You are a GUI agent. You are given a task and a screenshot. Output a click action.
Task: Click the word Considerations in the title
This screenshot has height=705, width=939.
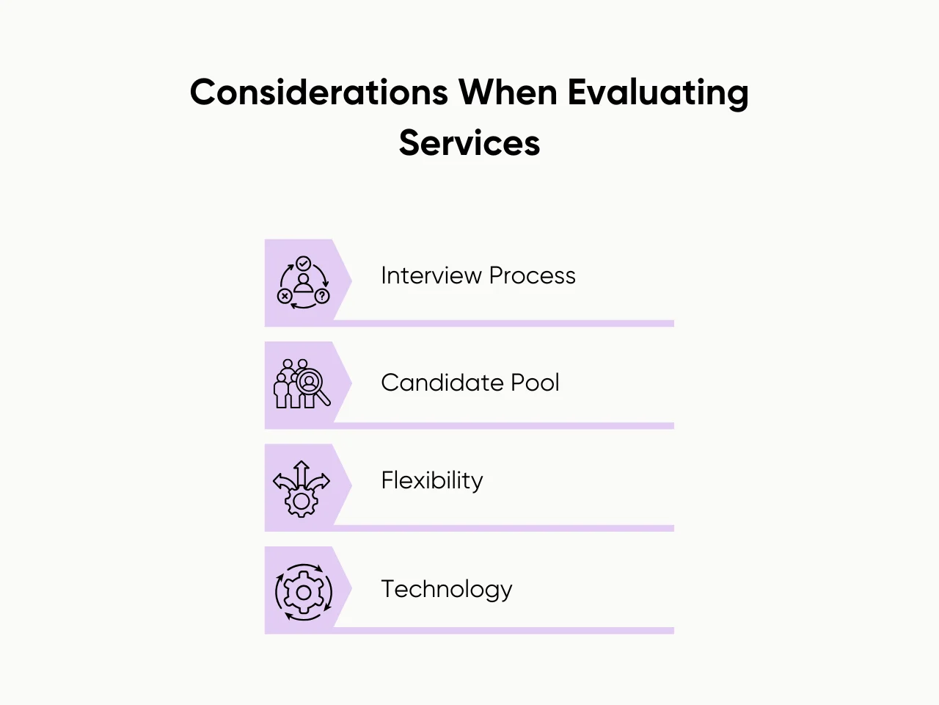pyautogui.click(x=318, y=93)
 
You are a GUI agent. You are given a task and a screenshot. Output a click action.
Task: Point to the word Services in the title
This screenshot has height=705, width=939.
pyautogui.click(x=469, y=142)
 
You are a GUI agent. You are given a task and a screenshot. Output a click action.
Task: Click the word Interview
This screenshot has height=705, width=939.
pyautogui.click(x=431, y=275)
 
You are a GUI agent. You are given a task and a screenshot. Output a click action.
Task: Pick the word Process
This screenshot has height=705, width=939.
pyautogui.click(x=532, y=275)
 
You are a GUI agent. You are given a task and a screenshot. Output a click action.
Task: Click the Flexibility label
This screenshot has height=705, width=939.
pyautogui.click(x=431, y=480)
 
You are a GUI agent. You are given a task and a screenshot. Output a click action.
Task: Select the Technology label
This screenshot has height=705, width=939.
pyautogui.click(x=446, y=589)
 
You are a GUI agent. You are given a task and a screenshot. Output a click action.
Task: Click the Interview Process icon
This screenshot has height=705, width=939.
pyautogui.click(x=303, y=283)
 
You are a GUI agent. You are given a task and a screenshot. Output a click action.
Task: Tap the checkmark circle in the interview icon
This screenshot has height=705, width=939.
pyautogui.click(x=303, y=264)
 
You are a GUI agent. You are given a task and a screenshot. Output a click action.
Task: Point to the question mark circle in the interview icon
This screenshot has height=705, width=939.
pyautogui.click(x=322, y=296)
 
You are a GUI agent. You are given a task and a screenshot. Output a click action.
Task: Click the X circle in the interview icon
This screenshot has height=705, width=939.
pyautogui.click(x=285, y=296)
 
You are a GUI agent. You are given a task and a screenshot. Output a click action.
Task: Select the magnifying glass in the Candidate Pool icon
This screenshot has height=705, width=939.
pyautogui.click(x=312, y=385)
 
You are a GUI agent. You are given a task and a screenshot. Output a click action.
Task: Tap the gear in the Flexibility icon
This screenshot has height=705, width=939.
pyautogui.click(x=301, y=502)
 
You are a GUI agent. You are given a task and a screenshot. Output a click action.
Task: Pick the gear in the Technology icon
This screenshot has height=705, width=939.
pyautogui.click(x=303, y=591)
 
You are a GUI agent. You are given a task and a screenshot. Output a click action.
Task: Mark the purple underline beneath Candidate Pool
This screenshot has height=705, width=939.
pyautogui.click(x=503, y=426)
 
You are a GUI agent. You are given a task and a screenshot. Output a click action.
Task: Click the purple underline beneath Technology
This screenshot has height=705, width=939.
pyautogui.click(x=503, y=631)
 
